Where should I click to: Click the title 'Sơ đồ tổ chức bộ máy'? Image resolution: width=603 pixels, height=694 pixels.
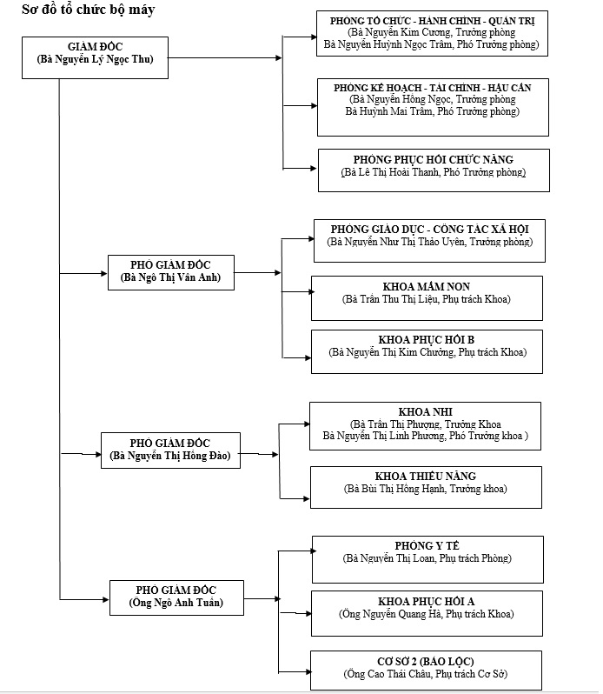click(x=89, y=10)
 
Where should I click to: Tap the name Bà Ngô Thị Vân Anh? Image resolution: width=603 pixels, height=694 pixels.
click(x=170, y=277)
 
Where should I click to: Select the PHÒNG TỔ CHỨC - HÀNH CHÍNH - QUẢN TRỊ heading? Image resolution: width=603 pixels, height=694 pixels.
click(x=432, y=21)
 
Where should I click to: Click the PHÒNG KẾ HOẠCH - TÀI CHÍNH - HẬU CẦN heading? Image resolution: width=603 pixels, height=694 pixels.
click(x=433, y=88)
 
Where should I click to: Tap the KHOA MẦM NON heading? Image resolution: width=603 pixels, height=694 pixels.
click(x=427, y=286)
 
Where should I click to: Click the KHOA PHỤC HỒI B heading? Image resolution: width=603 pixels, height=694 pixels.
click(x=426, y=339)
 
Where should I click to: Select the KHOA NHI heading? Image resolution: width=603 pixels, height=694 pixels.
click(x=425, y=411)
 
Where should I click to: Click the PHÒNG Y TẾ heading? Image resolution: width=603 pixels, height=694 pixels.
click(x=427, y=545)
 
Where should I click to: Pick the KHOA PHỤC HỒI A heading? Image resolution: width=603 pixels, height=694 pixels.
click(x=426, y=601)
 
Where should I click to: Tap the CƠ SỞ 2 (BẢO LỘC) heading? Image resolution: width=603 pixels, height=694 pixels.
click(x=425, y=661)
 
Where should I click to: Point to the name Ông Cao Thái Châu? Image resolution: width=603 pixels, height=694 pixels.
click(x=388, y=674)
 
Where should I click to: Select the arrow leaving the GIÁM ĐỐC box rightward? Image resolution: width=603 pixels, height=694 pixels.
click(x=225, y=57)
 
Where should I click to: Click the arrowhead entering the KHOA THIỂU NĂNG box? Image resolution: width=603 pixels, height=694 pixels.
click(x=306, y=499)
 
